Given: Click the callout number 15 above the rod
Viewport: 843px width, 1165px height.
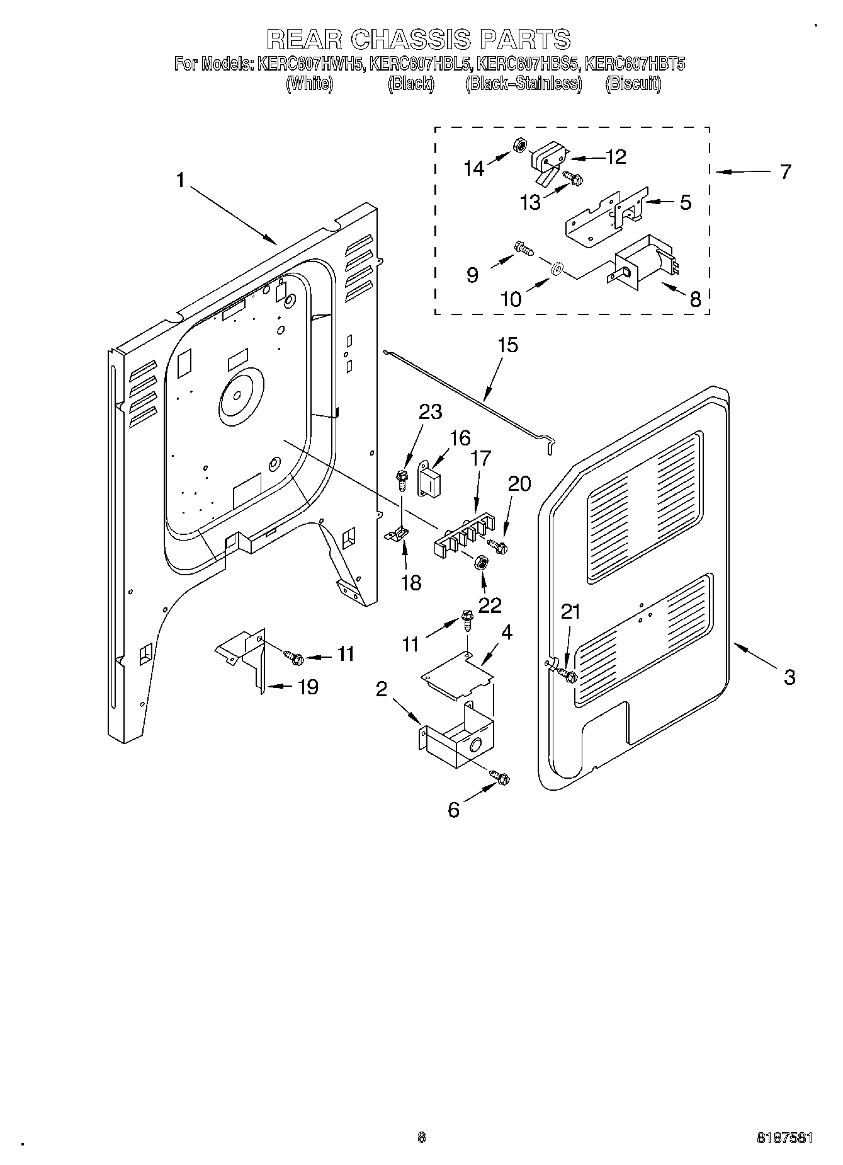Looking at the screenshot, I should tap(507, 345).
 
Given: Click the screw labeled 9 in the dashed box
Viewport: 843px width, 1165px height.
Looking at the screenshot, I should tap(524, 249).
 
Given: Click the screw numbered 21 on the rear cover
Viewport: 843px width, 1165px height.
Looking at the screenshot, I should tap(569, 677).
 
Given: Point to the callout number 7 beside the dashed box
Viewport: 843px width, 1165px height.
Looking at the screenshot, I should tap(785, 171).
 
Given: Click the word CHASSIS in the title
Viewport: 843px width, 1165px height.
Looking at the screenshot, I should tap(410, 39).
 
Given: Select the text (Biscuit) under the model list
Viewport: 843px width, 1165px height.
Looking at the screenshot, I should tap(633, 84).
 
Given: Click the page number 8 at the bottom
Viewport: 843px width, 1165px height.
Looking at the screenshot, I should tap(421, 1137).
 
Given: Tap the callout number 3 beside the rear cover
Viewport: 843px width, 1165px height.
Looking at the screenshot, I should tap(789, 677).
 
